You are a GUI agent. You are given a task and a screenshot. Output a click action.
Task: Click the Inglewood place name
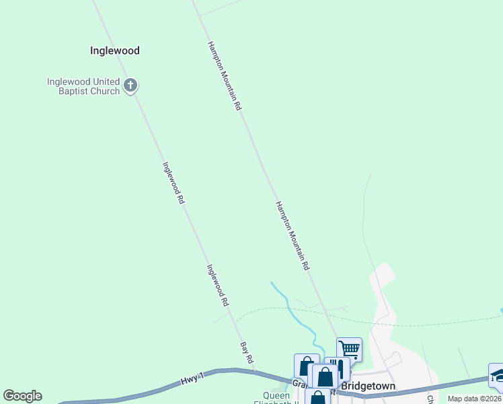[x=114, y=50]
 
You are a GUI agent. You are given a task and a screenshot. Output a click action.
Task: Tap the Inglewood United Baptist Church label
[x=83, y=87]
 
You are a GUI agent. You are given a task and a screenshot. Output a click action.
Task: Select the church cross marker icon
[x=130, y=86]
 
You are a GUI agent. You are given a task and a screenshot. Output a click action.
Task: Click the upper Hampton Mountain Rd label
[x=224, y=76]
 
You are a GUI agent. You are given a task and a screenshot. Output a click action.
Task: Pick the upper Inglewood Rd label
[x=173, y=182]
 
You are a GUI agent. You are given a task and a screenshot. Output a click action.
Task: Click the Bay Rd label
[x=247, y=352]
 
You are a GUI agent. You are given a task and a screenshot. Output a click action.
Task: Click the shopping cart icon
[x=349, y=349]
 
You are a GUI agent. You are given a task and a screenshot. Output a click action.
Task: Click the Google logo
[x=22, y=396]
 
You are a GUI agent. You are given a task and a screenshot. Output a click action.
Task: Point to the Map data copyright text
[x=475, y=399]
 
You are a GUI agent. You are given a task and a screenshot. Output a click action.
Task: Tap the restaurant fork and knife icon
[x=338, y=368]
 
